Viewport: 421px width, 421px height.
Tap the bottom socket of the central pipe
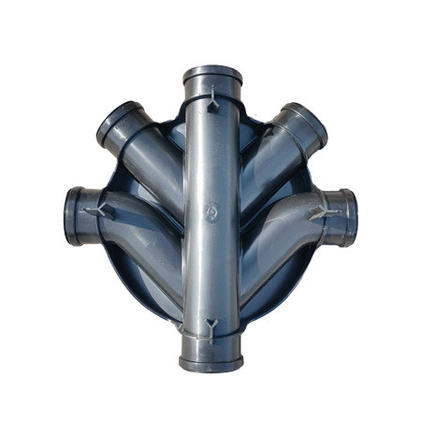(211, 360)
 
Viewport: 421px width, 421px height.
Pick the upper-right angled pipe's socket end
(304, 121)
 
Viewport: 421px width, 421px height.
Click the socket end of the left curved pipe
(74, 215)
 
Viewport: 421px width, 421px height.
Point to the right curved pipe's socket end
(346, 217)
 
